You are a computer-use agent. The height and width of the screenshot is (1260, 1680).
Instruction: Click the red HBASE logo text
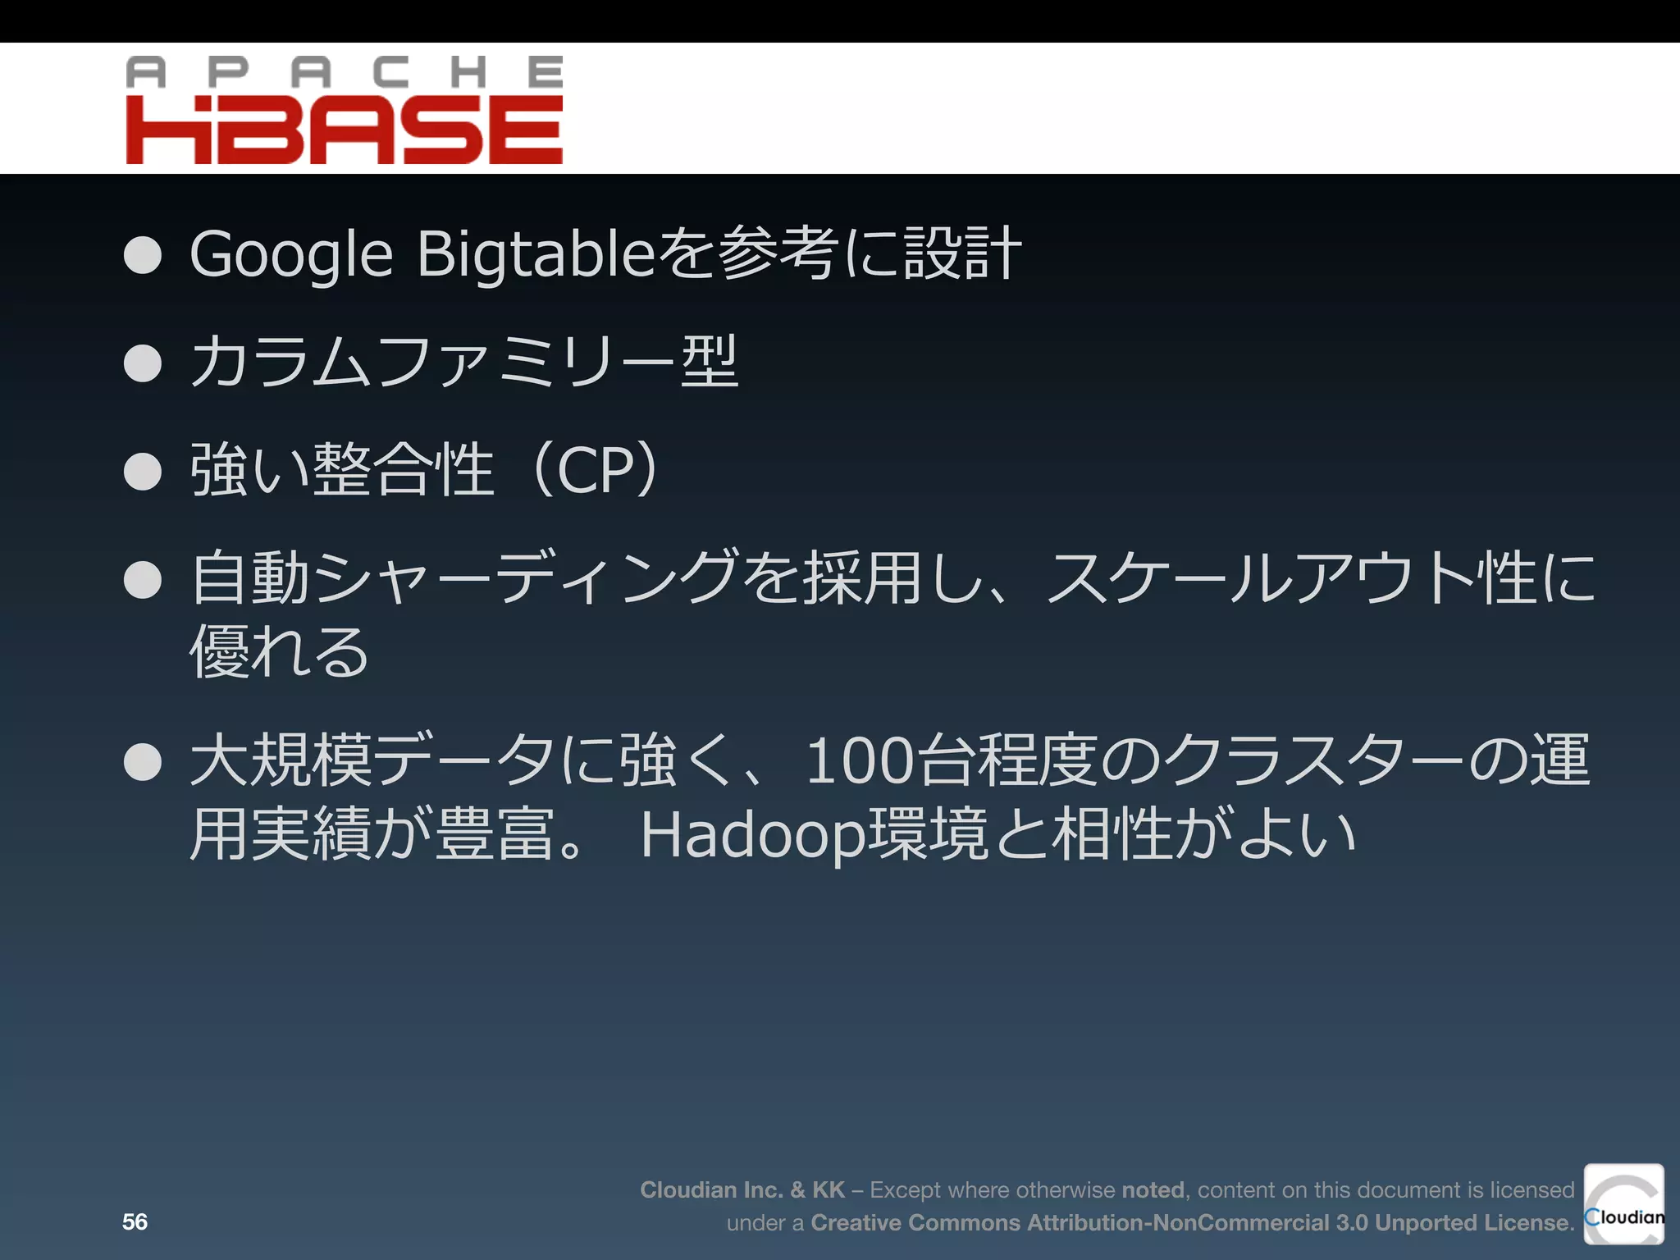[345, 130]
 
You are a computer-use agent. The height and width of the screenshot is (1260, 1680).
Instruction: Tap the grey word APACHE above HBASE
[345, 72]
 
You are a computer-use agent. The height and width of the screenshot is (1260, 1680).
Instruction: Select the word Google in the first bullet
[291, 254]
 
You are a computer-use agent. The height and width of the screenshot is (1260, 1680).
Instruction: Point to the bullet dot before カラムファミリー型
[143, 363]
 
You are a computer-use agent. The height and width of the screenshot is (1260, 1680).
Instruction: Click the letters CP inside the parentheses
[595, 471]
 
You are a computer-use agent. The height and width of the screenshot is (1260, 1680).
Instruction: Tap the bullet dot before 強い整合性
[143, 472]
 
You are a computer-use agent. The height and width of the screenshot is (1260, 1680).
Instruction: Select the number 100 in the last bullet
[859, 761]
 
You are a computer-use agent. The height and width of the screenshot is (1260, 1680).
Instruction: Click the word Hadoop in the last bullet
[752, 835]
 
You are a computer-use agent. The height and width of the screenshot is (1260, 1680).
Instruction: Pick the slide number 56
[135, 1221]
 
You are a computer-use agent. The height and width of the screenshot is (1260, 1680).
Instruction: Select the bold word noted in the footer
[1153, 1189]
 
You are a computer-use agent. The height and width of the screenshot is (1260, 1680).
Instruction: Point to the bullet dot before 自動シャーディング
[143, 580]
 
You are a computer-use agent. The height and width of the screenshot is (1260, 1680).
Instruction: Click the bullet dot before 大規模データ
[143, 762]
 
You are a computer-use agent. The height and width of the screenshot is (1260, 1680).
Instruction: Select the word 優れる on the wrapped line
[280, 651]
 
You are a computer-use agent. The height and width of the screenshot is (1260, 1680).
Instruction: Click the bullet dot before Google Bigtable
[143, 254]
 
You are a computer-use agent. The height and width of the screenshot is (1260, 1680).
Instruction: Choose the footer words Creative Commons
[915, 1222]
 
